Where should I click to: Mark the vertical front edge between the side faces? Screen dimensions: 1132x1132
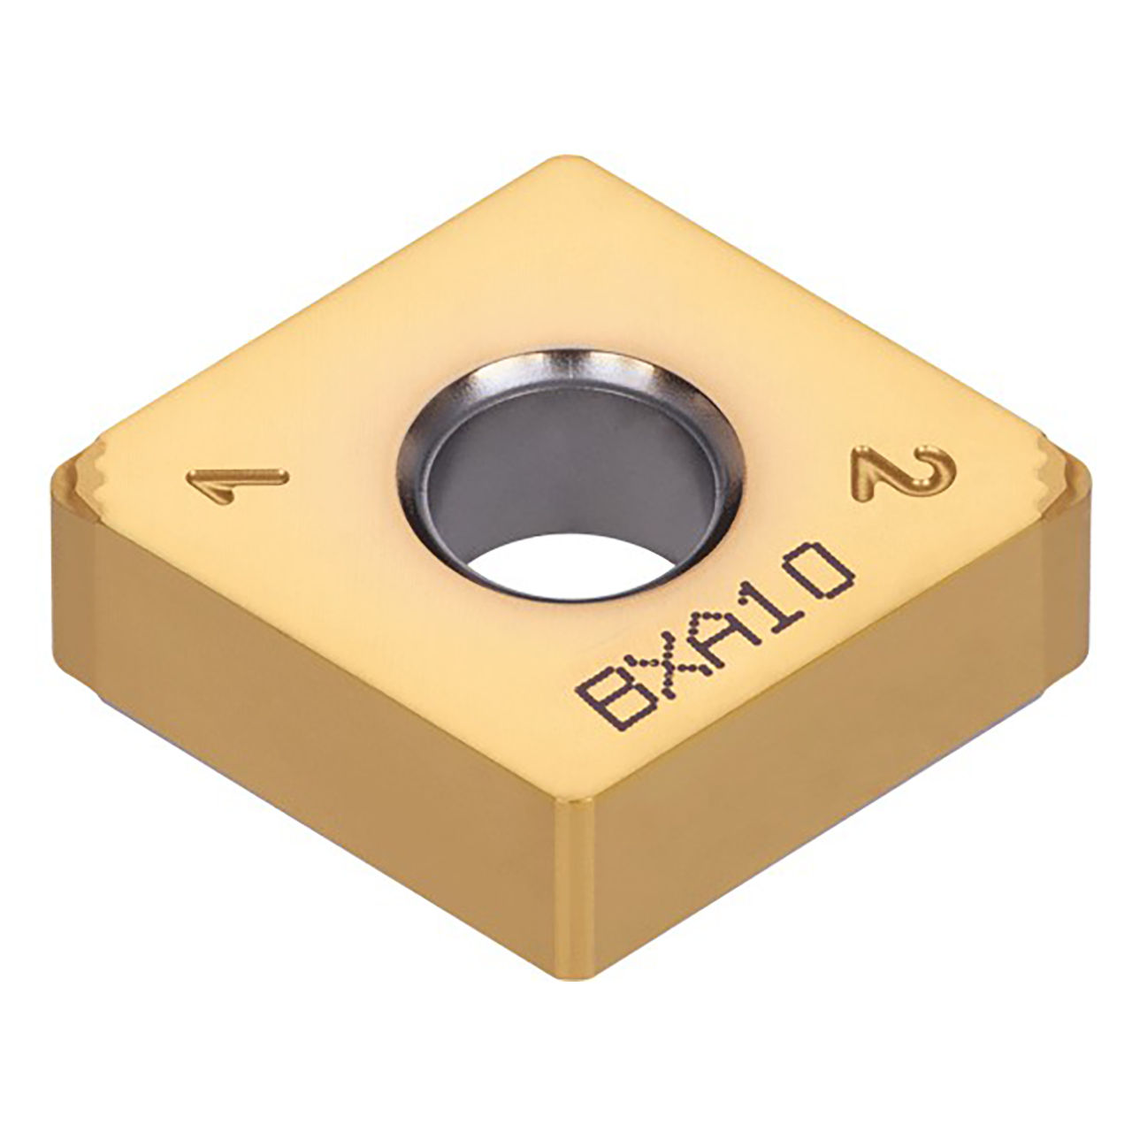(575, 884)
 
